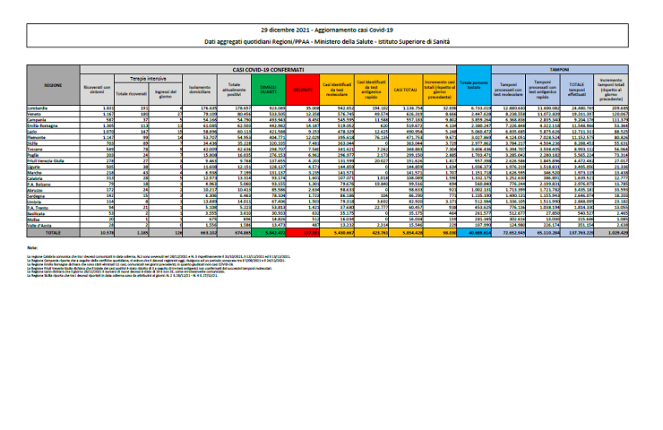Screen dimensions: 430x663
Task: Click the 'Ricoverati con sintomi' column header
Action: (96, 89)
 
